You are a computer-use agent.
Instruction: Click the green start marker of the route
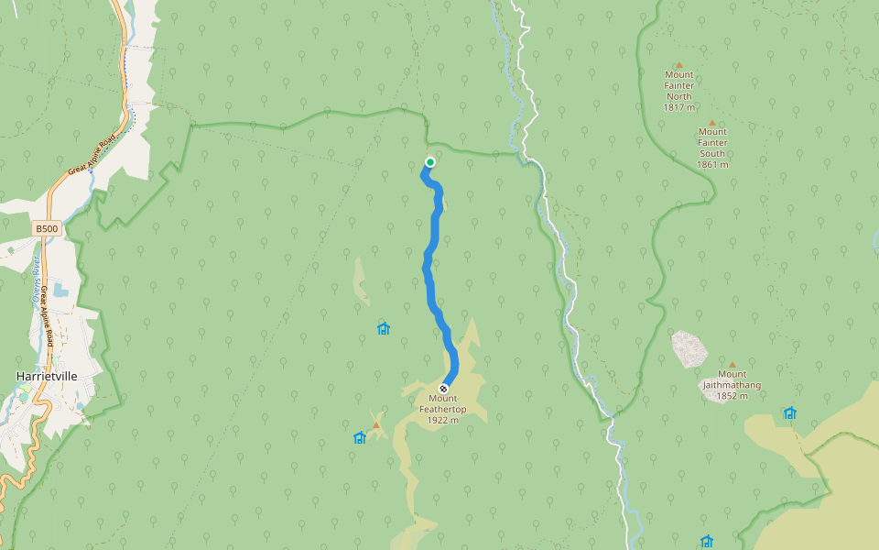[429, 162]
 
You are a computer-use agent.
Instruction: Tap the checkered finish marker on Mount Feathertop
[444, 389]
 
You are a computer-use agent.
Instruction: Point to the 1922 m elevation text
[443, 421]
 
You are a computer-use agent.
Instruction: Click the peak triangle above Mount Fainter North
[679, 65]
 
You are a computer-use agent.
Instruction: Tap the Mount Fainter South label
[712, 142]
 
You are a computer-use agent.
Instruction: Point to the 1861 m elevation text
[712, 165]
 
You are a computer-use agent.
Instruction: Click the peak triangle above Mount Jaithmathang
[732, 364]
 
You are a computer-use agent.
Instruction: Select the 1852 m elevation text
[732, 396]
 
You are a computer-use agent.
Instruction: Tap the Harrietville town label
[47, 376]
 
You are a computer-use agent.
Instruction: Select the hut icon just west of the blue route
[384, 328]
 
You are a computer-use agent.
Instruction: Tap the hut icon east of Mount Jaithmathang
[789, 413]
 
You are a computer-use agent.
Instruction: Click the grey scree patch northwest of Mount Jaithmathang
[689, 349]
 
